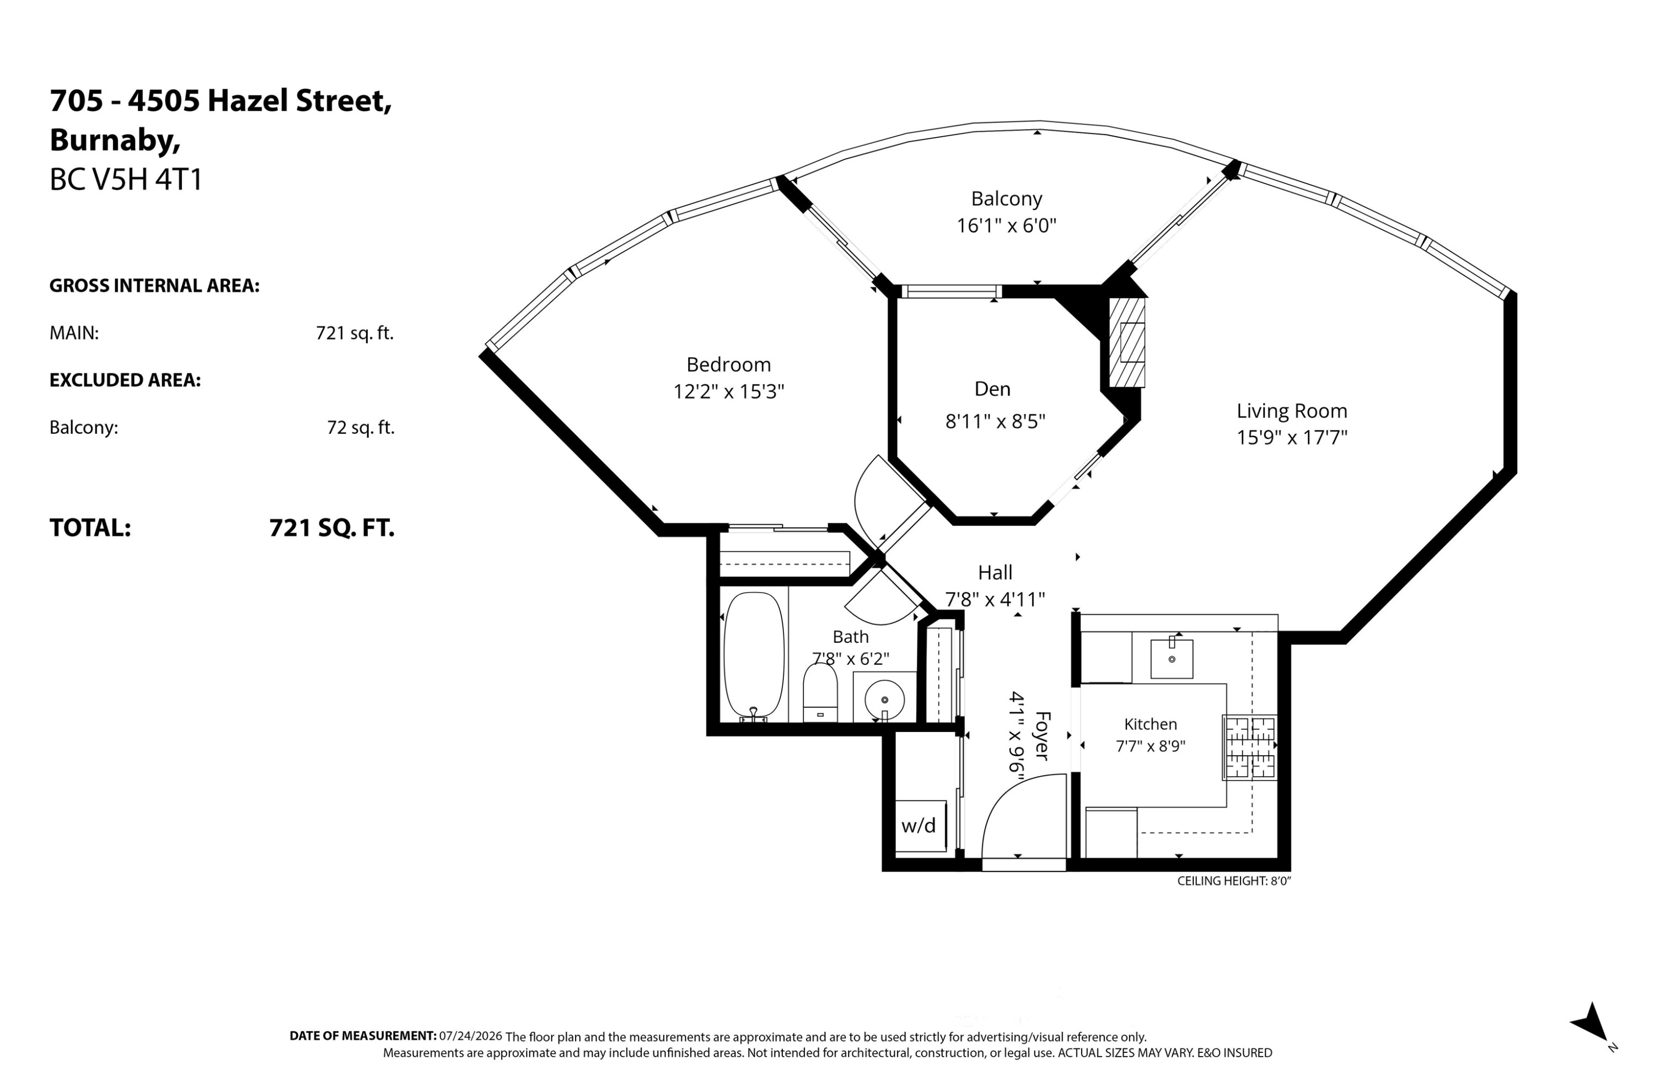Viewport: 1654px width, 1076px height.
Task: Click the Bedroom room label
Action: (728, 365)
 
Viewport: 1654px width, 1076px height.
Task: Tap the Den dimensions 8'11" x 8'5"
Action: (995, 421)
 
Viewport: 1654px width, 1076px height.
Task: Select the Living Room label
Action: (1292, 411)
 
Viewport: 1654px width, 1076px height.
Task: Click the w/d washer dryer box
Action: (920, 826)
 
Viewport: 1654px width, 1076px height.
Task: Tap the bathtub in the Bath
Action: (754, 657)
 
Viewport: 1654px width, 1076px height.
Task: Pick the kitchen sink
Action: (1172, 658)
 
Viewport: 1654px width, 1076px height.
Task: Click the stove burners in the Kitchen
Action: (1250, 747)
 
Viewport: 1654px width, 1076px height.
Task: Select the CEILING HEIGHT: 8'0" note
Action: (1233, 881)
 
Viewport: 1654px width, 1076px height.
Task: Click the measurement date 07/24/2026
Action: (470, 1036)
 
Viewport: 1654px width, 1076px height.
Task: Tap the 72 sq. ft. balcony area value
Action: (361, 427)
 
